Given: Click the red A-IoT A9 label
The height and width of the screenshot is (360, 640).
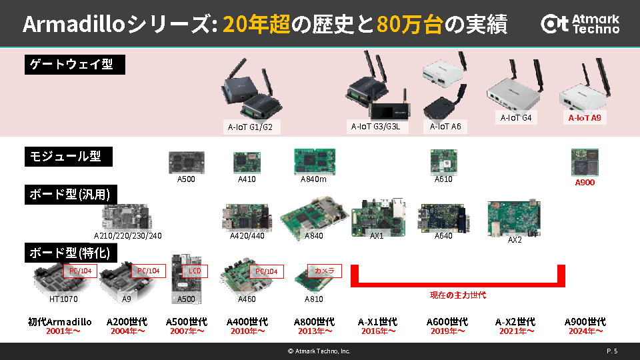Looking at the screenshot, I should pos(584,118).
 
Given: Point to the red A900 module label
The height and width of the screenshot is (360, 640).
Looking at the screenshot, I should pos(585,182).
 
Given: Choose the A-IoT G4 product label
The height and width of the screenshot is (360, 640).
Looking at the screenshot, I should pos(516,118).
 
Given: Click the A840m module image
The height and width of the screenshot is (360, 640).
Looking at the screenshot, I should pos(313,161).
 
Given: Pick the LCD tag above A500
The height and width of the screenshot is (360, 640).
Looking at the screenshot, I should pos(195,271).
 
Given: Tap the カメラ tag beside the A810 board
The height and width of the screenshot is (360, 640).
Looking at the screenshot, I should pos(325,271).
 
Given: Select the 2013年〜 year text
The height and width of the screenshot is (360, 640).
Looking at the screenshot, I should pos(314,331).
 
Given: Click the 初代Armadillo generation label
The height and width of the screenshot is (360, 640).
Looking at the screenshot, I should pos(60,321).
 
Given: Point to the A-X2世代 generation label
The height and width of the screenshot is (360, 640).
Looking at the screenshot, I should pos(516,321).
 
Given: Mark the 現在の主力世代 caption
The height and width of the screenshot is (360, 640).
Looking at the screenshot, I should pos(458,295).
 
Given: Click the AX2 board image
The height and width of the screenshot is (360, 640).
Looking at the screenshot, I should pos(513,217).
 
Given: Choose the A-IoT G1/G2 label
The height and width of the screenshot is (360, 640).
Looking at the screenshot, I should pos(250,126).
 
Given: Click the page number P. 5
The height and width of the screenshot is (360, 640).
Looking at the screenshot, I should pos(612,351).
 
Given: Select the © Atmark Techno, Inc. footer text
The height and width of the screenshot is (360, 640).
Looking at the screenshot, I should pos(319,351).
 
